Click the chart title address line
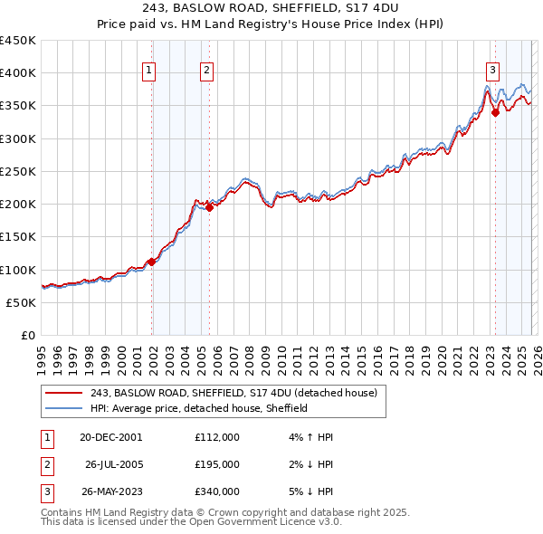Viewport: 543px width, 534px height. (x=271, y=8)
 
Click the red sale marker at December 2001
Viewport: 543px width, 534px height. (x=151, y=262)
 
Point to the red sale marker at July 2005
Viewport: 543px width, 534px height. (x=209, y=207)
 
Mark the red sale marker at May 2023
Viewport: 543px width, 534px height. (x=495, y=112)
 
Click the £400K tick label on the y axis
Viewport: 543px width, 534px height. (x=18, y=73)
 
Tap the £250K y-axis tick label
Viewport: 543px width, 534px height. (x=18, y=171)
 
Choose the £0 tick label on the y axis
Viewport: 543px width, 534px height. (x=27, y=335)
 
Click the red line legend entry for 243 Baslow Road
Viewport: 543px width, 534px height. (x=226, y=392)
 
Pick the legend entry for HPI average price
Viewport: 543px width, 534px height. (x=199, y=408)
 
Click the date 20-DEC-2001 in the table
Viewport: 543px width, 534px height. (x=110, y=437)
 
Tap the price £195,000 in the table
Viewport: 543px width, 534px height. (x=216, y=464)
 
